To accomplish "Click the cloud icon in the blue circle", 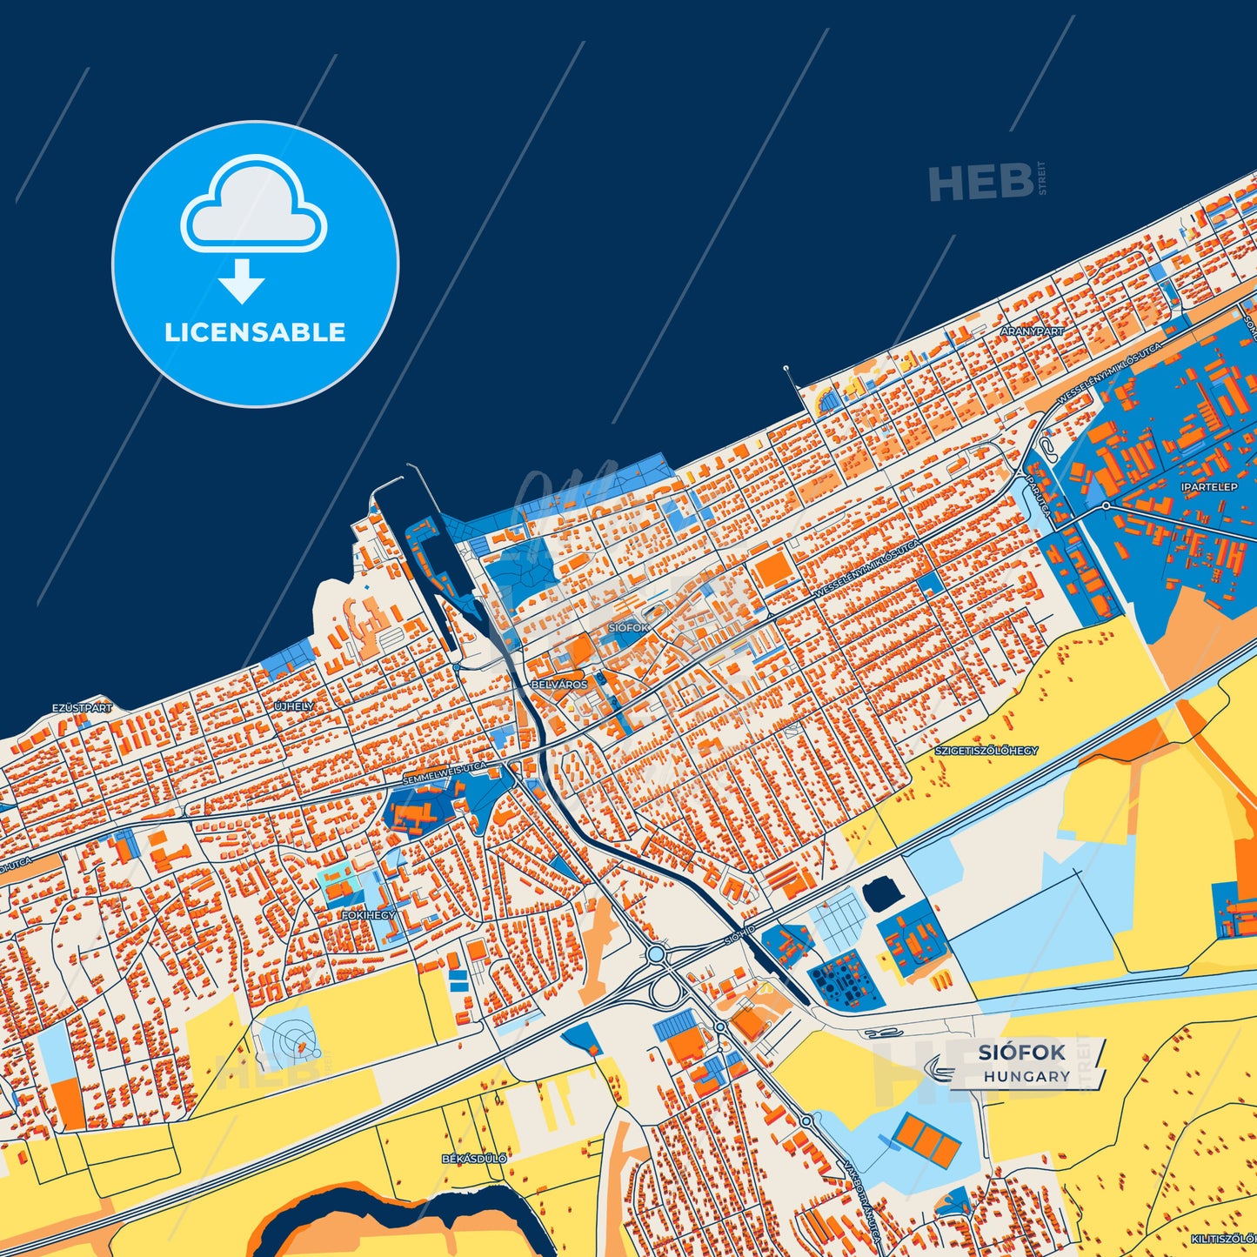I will tap(253, 207).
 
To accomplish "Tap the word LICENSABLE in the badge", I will tap(255, 332).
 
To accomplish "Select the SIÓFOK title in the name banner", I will tap(1021, 1053).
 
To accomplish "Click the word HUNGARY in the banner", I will tap(1026, 1077).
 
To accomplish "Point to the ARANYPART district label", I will tap(1032, 331).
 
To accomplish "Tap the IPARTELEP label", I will tap(1208, 487).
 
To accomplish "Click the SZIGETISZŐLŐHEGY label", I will tap(986, 750).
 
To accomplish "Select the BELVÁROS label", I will tap(559, 685).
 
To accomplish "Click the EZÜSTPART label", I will tap(82, 708).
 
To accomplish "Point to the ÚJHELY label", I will tap(294, 706).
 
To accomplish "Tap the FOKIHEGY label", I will tap(368, 915).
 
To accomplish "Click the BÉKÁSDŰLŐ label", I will tap(474, 1159).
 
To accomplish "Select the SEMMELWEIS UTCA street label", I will tap(445, 773).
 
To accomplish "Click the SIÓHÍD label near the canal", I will tap(740, 935).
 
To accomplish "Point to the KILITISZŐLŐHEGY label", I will tap(1225, 1238).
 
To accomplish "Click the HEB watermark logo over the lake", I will tap(981, 183).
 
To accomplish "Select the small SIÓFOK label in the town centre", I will tap(628, 627).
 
